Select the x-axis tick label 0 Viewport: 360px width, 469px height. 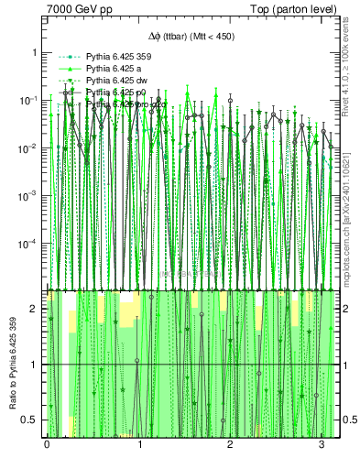click(x=47, y=445)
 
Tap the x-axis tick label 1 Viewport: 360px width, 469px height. click(x=139, y=445)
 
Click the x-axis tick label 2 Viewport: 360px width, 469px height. click(x=232, y=445)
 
